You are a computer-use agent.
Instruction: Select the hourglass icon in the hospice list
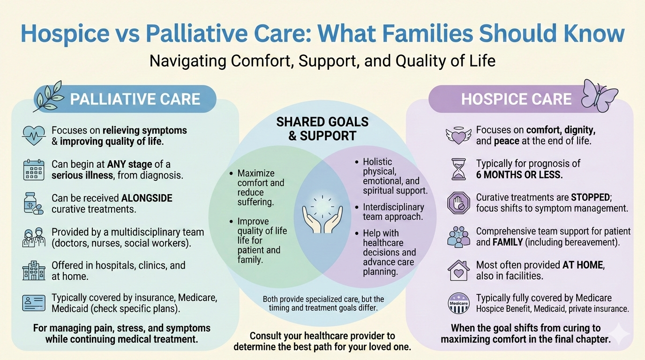click(458, 169)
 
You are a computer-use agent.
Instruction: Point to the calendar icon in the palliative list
click(34, 170)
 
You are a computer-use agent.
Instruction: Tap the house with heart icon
click(458, 270)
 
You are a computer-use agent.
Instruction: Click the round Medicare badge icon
click(458, 303)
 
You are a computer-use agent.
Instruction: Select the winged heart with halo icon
click(458, 135)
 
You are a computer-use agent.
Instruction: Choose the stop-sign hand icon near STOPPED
click(458, 203)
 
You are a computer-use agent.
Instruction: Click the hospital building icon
click(34, 270)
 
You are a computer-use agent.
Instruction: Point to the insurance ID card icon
click(34, 303)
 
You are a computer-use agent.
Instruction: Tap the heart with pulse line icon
click(34, 135)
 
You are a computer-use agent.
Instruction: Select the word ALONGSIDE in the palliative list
click(147, 198)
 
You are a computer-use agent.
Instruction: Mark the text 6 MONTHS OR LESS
click(519, 175)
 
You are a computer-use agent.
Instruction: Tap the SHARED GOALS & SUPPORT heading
click(322, 129)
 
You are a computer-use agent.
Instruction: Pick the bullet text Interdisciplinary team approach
click(393, 212)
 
